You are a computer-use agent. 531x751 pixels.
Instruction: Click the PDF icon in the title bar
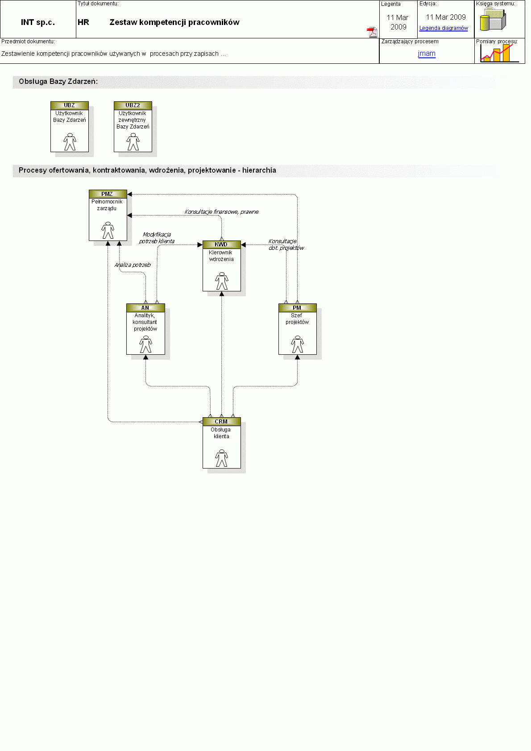pyautogui.click(x=372, y=32)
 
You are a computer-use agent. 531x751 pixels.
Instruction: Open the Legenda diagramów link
pyautogui.click(x=444, y=28)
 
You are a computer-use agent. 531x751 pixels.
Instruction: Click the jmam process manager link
pyautogui.click(x=427, y=53)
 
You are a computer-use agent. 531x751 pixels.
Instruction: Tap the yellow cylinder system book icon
pyautogui.click(x=493, y=20)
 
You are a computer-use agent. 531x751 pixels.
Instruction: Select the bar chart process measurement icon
pyautogui.click(x=499, y=53)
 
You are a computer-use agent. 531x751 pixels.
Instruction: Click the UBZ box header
pyautogui.click(x=70, y=105)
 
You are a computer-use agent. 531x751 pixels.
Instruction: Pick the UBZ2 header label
pyautogui.click(x=133, y=105)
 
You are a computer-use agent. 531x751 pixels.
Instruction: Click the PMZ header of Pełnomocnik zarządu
pyautogui.click(x=108, y=194)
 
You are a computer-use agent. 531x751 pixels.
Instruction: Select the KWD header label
pyautogui.click(x=222, y=245)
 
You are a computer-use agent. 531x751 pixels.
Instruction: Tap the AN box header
pyautogui.click(x=145, y=308)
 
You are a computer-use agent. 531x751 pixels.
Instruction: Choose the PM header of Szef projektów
pyautogui.click(x=297, y=308)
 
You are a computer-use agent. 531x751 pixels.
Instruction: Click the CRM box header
pyautogui.click(x=222, y=422)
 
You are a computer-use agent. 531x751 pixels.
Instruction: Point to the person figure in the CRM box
pyautogui.click(x=222, y=458)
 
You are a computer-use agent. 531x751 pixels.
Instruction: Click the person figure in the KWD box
pyautogui.click(x=222, y=281)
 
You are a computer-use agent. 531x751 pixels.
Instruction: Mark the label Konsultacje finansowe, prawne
pyautogui.click(x=221, y=212)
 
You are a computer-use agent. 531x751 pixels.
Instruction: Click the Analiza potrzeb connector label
pyautogui.click(x=133, y=265)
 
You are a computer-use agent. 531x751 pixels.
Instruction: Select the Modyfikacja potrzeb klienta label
pyautogui.click(x=157, y=238)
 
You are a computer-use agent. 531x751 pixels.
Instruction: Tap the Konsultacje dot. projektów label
pyautogui.click(x=286, y=245)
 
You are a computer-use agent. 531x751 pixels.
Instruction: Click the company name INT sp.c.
pyautogui.click(x=38, y=22)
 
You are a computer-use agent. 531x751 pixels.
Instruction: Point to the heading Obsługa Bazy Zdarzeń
pyautogui.click(x=58, y=82)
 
